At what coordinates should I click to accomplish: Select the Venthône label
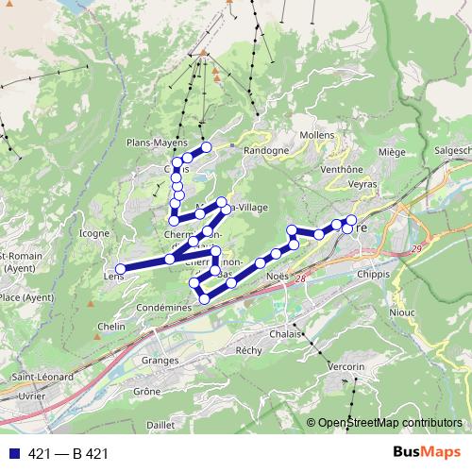[342, 169]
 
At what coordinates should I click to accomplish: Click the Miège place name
[391, 151]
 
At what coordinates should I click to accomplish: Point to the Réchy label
[248, 349]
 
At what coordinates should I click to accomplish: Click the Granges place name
[160, 360]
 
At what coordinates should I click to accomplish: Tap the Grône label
[147, 390]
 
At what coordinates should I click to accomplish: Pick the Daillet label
[162, 426]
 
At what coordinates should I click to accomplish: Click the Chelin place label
[111, 327]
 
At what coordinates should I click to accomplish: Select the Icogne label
[94, 232]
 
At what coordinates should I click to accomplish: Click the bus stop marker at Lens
[120, 269]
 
